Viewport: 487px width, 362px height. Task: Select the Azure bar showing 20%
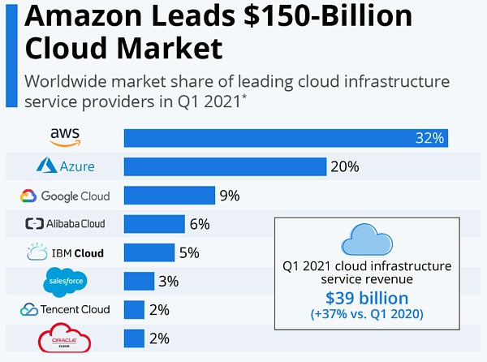pos(225,166)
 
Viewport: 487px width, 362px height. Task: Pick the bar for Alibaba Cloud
pos(154,224)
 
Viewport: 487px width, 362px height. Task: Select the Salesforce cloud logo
pos(65,281)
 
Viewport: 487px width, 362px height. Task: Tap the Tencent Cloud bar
pos(134,309)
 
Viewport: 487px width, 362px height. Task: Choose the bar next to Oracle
pos(134,338)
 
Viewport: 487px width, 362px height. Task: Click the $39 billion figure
pos(367,298)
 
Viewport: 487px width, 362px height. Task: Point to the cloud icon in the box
pos(367,239)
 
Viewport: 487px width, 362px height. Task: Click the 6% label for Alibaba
pos(199,224)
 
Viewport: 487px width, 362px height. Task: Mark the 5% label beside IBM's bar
pos(188,252)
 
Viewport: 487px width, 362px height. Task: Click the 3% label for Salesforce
pos(168,281)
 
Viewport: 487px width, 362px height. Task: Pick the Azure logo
pos(66,166)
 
